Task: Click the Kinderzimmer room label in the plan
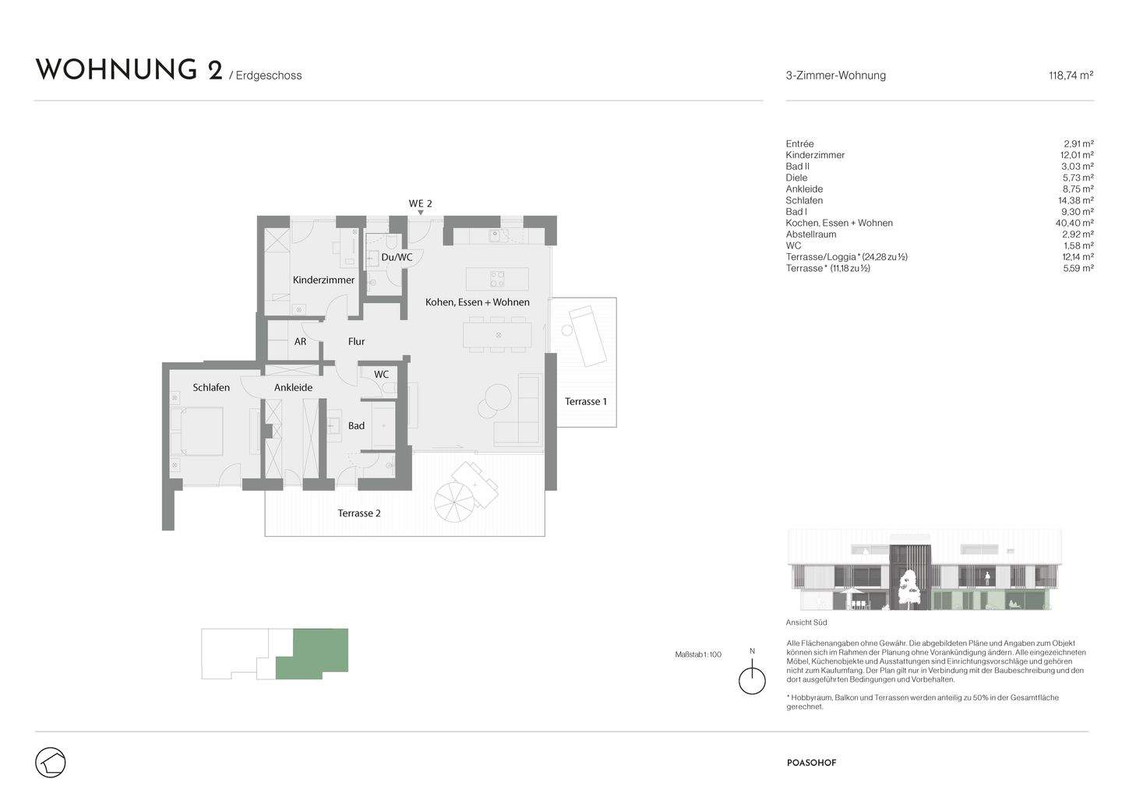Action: coord(323,280)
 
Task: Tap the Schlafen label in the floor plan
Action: coord(211,387)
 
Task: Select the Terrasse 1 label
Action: coord(585,401)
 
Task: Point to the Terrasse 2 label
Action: coord(358,513)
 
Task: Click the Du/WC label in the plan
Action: coord(397,257)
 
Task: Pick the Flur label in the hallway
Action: coord(356,341)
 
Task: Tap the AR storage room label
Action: coord(300,341)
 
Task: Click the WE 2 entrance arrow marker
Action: coord(421,212)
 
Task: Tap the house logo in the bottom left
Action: coord(51,762)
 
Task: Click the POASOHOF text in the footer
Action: coord(811,763)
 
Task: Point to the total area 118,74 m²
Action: coord(1071,76)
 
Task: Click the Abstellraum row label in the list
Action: coord(810,234)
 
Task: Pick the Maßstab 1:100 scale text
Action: coord(697,654)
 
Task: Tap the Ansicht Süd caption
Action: coord(806,622)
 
